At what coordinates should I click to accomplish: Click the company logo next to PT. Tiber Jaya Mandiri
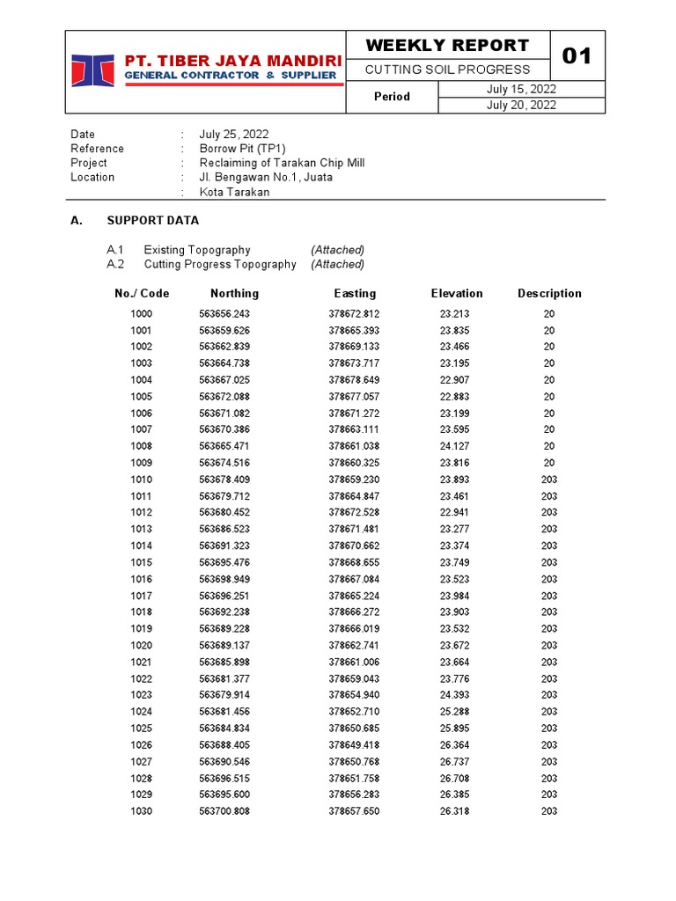(92, 71)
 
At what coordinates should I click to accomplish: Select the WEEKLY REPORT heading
(447, 46)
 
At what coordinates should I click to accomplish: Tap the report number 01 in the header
(577, 56)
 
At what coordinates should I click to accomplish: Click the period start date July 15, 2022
(521, 89)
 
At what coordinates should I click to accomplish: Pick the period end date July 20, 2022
(521, 105)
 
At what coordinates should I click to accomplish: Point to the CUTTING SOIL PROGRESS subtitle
(447, 70)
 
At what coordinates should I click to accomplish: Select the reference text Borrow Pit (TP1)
(242, 149)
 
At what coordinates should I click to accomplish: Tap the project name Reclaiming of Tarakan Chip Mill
(282, 163)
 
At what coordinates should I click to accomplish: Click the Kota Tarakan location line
(234, 192)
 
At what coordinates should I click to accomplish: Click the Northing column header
(234, 293)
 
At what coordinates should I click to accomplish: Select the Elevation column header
(456, 293)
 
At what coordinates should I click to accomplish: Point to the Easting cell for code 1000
(354, 314)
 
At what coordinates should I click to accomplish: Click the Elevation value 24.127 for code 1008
(454, 446)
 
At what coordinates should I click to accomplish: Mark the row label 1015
(141, 562)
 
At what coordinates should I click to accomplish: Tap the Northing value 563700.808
(224, 811)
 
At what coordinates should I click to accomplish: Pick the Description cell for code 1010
(548, 480)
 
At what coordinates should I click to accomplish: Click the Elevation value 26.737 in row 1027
(454, 761)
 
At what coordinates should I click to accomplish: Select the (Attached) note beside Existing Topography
(337, 250)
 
